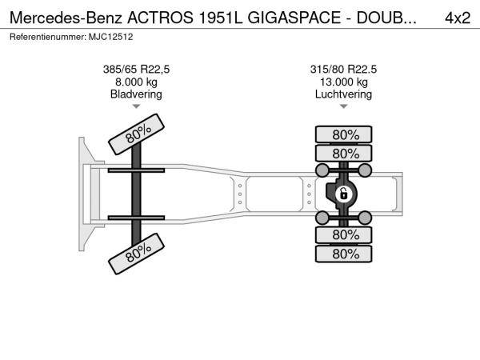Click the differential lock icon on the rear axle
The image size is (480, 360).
click(343, 194)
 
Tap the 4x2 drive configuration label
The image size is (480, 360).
click(458, 18)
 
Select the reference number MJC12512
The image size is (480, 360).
click(111, 37)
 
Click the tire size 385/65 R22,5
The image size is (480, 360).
click(136, 70)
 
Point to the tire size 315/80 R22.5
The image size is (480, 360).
click(343, 70)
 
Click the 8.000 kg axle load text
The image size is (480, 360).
click(136, 82)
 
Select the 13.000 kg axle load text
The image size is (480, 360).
click(344, 82)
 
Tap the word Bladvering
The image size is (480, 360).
click(136, 94)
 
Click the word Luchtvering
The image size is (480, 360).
click(343, 94)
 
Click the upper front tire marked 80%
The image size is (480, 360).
click(137, 134)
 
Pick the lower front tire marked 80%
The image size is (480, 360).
click(137, 254)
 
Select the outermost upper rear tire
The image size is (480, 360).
click(344, 134)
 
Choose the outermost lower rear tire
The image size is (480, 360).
click(344, 254)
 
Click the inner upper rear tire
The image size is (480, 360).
click(344, 154)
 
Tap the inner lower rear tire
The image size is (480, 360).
click(344, 235)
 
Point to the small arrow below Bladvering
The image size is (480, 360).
click(136, 106)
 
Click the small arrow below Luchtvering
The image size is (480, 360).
click(344, 106)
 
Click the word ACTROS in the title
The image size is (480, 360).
click(161, 18)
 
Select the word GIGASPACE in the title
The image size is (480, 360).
click(294, 18)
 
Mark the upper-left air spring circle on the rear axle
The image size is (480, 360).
click(322, 170)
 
